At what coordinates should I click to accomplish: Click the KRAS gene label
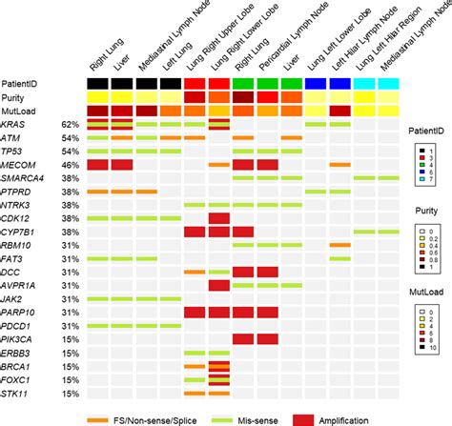coord(15,124)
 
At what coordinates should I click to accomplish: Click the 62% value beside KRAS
coord(69,125)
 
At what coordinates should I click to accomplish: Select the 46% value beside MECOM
coord(69,165)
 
